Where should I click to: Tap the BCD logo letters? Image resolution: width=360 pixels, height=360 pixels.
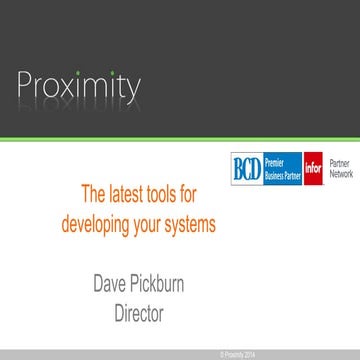[x=245, y=164]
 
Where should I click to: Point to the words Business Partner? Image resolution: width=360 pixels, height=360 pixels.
[x=280, y=170]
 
